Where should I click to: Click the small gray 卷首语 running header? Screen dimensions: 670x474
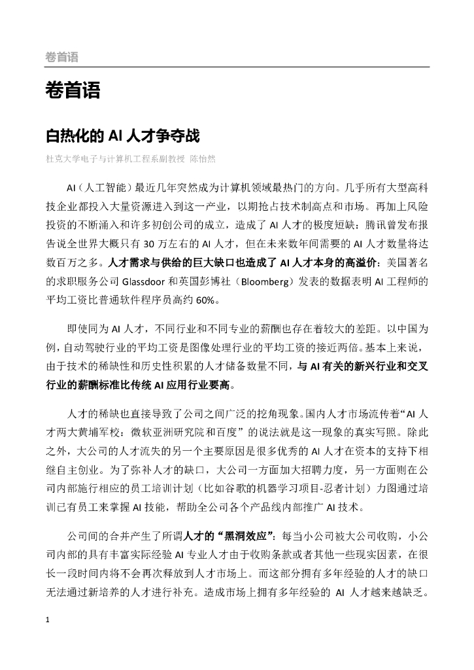click(x=61, y=57)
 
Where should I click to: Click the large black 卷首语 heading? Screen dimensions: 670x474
click(x=72, y=90)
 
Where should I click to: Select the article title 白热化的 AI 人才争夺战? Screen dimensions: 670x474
click(x=122, y=136)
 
